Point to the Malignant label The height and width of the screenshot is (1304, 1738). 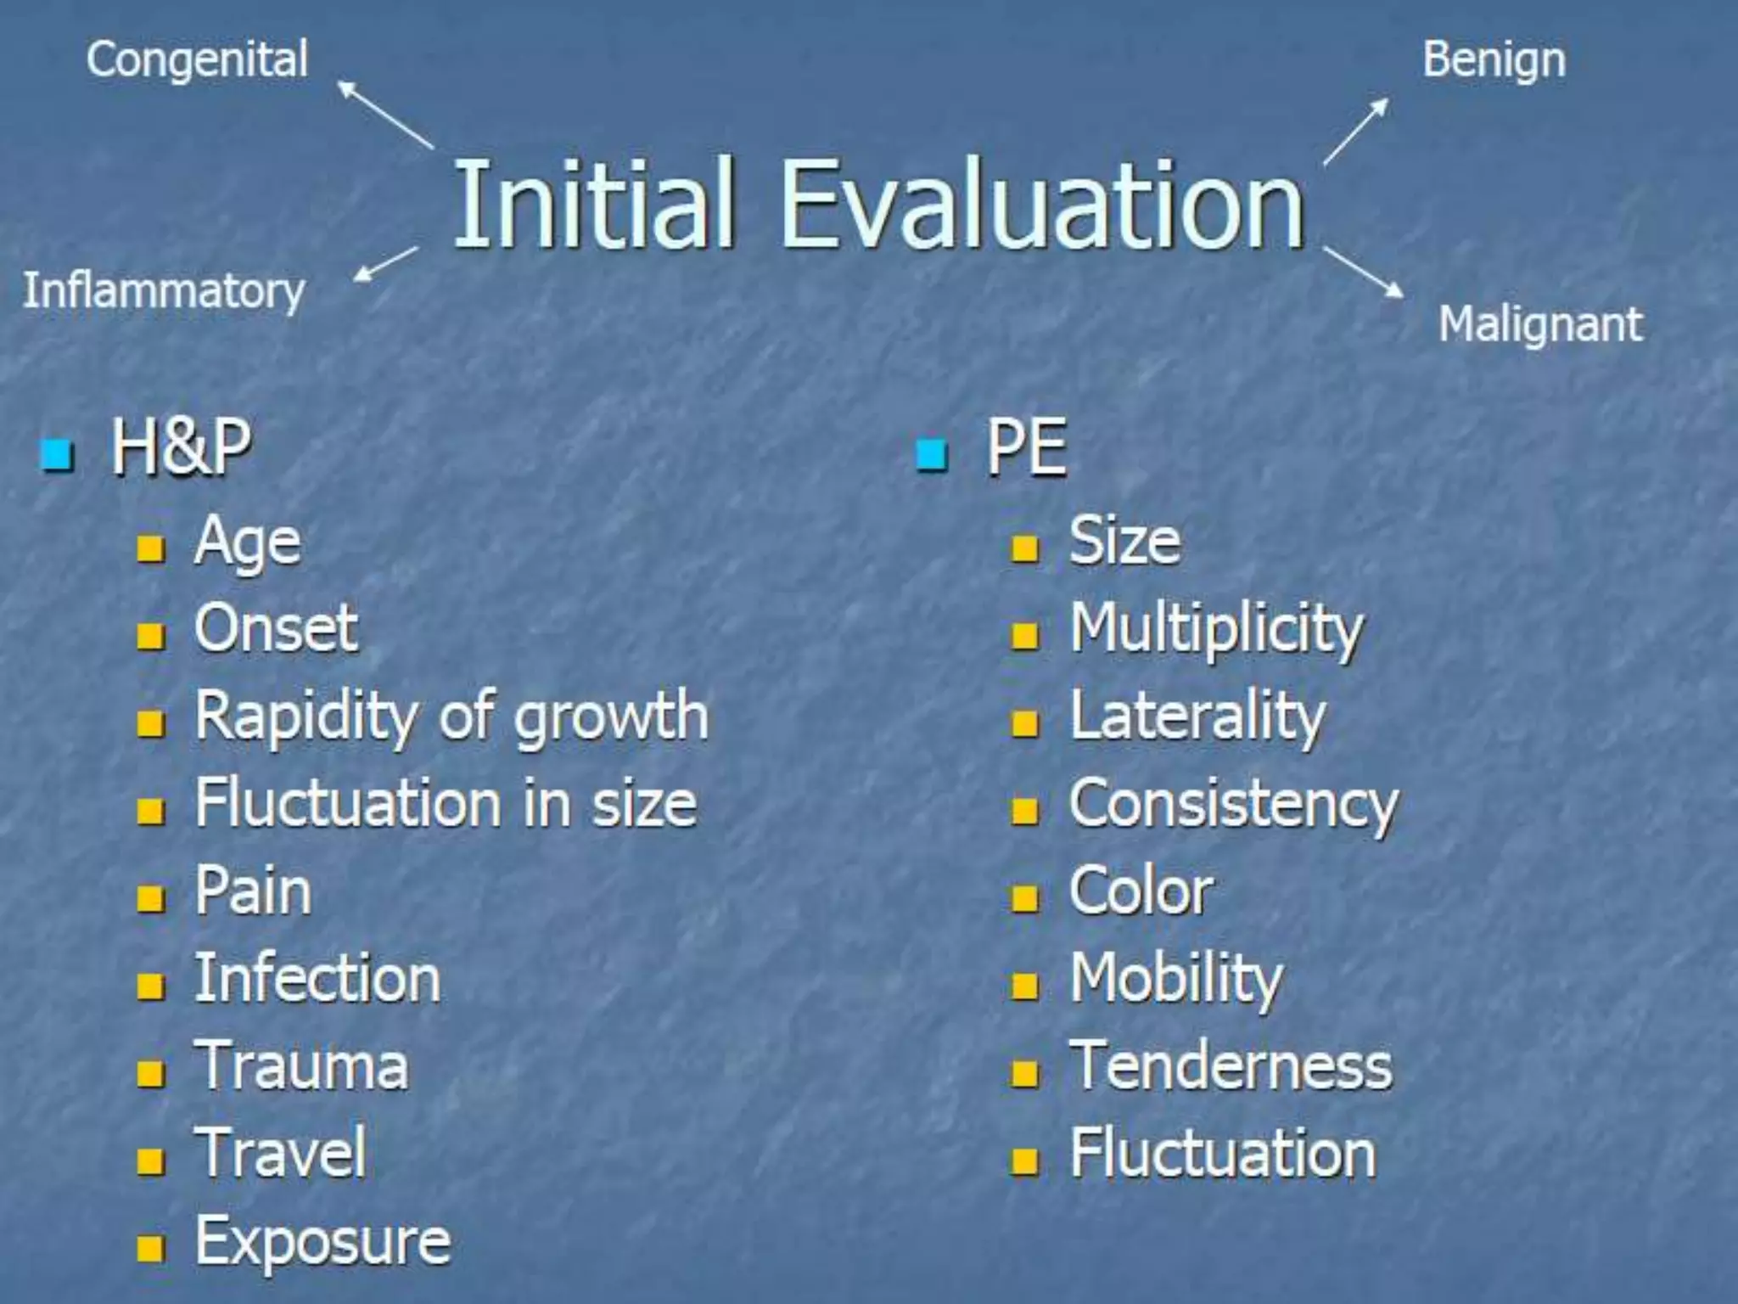click(1540, 325)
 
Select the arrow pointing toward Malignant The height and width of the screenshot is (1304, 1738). click(1363, 273)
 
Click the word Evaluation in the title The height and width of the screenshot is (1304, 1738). click(1041, 206)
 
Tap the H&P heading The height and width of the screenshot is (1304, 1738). click(181, 448)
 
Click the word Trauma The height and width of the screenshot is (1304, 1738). click(302, 1066)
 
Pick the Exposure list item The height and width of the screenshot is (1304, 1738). click(322, 1242)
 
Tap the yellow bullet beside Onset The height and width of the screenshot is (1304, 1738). click(150, 635)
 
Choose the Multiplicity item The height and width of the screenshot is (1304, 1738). click(1216, 631)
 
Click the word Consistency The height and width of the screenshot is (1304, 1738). click(1233, 805)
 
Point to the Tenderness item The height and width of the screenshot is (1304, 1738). click(1231, 1066)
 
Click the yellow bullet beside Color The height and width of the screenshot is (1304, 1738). click(1024, 897)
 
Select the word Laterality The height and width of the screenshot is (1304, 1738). click(1197, 717)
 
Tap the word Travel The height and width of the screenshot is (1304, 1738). click(281, 1154)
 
